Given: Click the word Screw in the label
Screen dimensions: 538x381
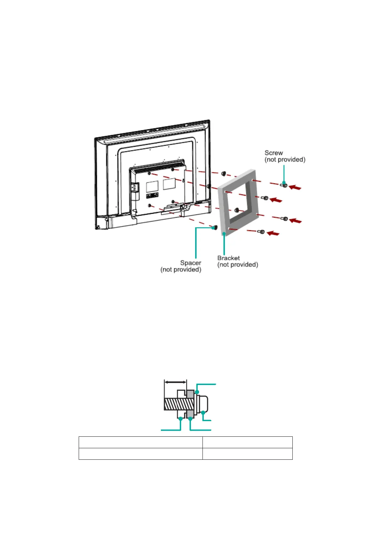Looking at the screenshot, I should click(274, 153).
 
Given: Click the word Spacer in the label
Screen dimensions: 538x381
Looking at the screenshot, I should click(191, 263).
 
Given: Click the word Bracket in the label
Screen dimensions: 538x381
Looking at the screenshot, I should click(228, 258).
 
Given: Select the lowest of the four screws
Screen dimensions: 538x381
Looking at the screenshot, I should click(261, 232).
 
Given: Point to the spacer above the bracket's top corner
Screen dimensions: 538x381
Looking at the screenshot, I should click(224, 173).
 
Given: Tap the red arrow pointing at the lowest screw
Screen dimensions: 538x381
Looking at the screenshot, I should click(273, 234).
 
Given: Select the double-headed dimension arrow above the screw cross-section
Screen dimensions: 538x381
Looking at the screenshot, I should click(175, 382).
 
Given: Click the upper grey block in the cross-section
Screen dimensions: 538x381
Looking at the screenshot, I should click(190, 394).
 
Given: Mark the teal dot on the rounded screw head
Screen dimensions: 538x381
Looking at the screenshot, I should click(203, 413).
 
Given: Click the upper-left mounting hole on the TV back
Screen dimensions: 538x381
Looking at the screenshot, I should click(149, 173).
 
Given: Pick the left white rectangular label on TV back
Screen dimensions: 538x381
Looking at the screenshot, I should click(152, 186).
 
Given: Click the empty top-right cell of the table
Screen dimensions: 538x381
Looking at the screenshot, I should click(247, 442).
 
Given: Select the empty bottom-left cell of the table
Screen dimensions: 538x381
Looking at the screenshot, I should click(140, 454).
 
